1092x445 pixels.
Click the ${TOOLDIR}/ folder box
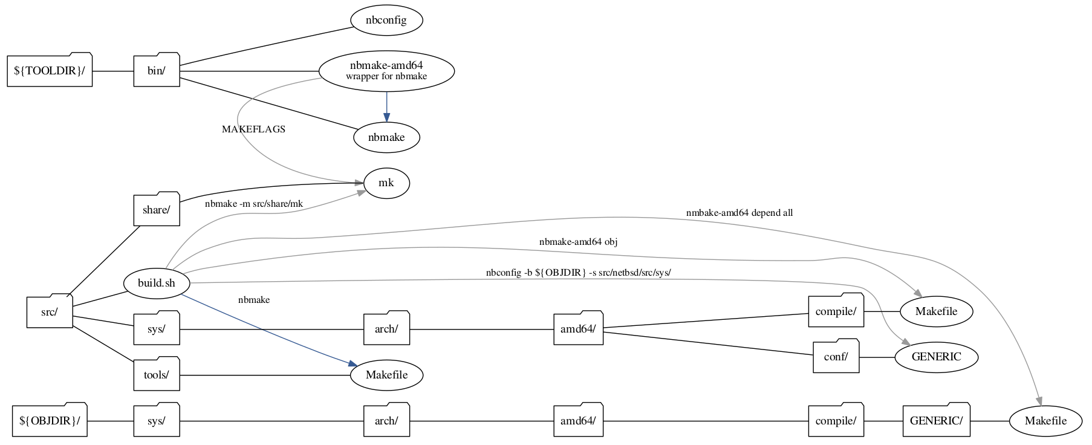50,71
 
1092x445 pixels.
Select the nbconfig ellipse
386,20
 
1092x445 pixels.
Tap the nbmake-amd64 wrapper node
386,70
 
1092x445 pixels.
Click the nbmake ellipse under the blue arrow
386,137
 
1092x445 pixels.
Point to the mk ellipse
386,183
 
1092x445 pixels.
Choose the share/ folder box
157,210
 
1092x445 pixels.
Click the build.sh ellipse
157,283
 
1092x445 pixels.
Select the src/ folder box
50,312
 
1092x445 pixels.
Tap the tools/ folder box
157,375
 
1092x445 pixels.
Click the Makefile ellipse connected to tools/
386,375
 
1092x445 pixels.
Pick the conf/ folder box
836,357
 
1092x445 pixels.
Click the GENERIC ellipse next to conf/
936,357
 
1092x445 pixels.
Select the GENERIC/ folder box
936,420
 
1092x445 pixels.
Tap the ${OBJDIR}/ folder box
50,420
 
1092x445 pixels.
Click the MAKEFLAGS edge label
253,129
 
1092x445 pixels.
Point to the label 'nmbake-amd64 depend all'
739,213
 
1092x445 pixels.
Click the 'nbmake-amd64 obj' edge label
578,242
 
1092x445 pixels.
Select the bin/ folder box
157,71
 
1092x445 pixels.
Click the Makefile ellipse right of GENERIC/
1045,420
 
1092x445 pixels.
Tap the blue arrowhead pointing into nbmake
386,117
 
